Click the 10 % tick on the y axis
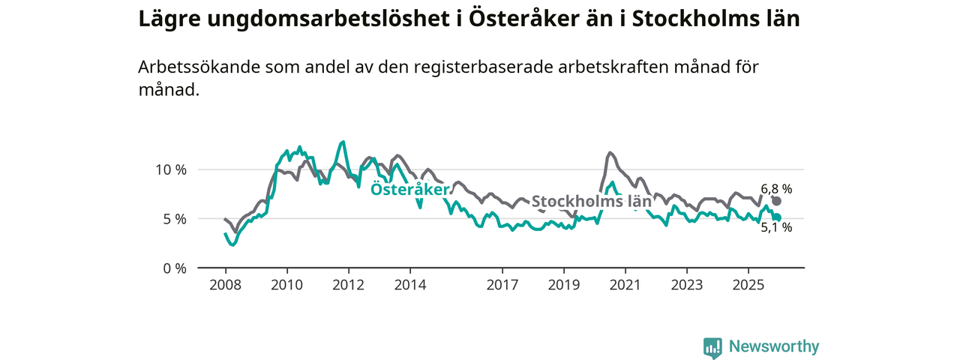point(170,169)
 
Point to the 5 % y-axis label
point(174,219)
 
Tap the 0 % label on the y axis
point(174,268)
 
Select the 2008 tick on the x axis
point(225,285)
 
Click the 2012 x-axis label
point(348,285)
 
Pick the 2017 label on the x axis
point(502,285)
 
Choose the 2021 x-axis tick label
point(625,285)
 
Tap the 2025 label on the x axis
point(748,285)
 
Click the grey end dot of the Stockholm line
point(777,201)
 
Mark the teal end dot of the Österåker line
point(777,217)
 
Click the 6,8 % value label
point(776,189)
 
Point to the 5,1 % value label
point(776,228)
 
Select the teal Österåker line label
point(409,190)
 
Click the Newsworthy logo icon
point(712,347)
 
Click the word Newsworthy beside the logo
point(774,346)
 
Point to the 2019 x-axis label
point(564,285)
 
